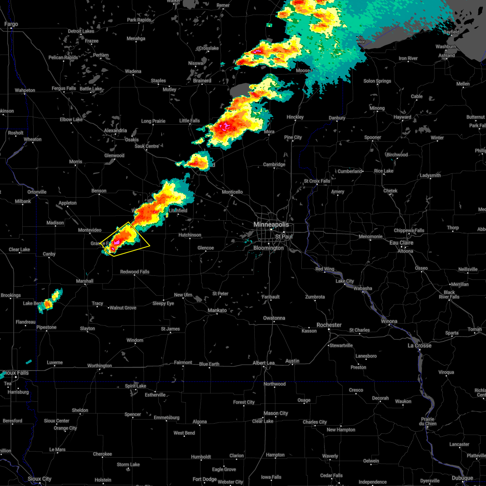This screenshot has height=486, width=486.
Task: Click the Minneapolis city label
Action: click(x=271, y=224)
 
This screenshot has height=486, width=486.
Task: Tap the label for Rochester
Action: click(x=329, y=325)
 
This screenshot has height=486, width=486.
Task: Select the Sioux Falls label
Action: click(x=15, y=373)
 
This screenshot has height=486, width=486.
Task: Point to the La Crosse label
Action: click(x=419, y=345)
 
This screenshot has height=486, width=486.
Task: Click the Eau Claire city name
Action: click(x=401, y=243)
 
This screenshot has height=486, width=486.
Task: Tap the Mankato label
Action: click(x=217, y=310)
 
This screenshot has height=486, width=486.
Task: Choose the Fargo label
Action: click(x=11, y=24)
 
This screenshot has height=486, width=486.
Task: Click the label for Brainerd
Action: click(x=202, y=81)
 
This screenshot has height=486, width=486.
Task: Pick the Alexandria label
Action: click(x=115, y=131)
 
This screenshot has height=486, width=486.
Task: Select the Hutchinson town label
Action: click(x=190, y=235)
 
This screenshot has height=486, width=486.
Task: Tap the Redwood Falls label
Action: click(x=134, y=272)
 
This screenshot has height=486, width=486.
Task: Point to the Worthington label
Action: click(x=99, y=366)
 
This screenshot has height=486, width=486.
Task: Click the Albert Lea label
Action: click(x=263, y=363)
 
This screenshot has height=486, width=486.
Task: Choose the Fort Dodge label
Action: click(x=205, y=479)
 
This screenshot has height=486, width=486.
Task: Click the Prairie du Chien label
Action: click(x=428, y=422)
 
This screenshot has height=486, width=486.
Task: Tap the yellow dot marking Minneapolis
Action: click(x=271, y=230)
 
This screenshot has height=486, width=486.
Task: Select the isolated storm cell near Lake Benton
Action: click(x=49, y=303)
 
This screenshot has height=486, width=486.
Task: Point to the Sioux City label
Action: click(x=39, y=479)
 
